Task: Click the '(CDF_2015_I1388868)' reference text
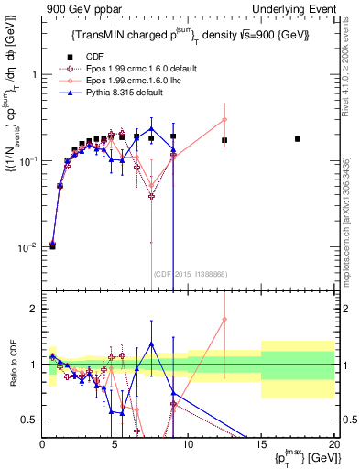click(190, 274)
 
